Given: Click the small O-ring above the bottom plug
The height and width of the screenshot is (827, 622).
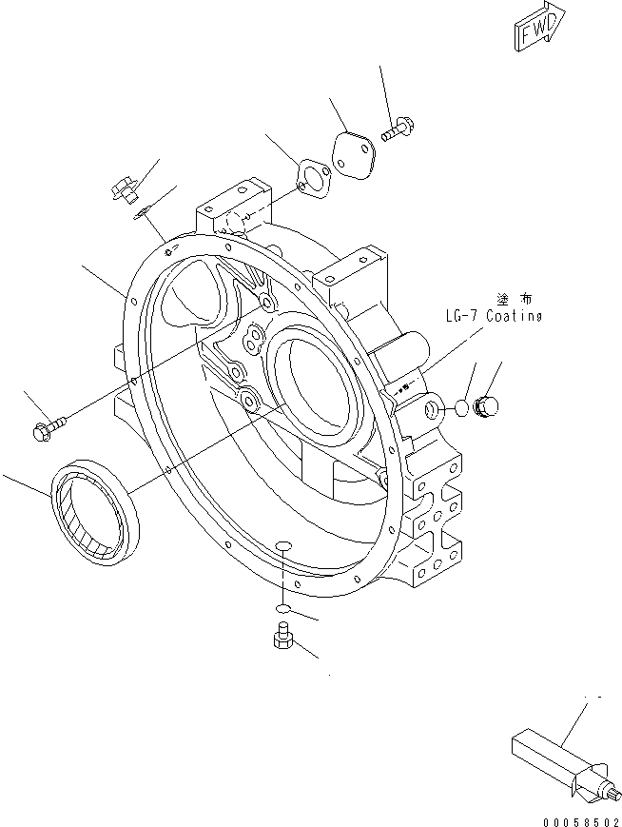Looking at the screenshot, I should coord(282,606).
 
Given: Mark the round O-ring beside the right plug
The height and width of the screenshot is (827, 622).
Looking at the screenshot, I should coord(460,407).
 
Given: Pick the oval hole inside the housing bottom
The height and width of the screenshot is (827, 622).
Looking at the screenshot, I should coord(282,546).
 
